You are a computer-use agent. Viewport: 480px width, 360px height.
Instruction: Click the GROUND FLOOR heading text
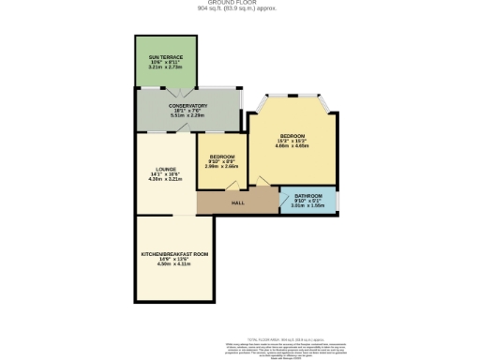click(x=240, y=3)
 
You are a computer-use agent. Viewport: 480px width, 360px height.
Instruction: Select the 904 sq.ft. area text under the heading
click(x=240, y=8)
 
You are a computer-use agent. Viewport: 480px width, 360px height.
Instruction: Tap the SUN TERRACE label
click(x=165, y=57)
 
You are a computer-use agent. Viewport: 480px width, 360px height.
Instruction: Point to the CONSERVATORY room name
click(x=187, y=106)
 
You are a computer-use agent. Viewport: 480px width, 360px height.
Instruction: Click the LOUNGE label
click(x=166, y=169)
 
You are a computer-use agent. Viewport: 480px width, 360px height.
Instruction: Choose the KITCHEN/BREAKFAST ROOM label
click(x=174, y=254)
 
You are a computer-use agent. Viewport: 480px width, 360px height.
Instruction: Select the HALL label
click(x=238, y=202)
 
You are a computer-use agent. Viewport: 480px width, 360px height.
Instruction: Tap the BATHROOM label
click(x=308, y=196)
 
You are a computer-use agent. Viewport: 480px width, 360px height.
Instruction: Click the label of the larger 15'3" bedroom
click(x=292, y=136)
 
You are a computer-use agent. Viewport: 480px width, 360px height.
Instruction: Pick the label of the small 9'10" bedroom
click(x=222, y=156)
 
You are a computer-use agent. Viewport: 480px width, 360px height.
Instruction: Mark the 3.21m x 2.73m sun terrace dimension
click(x=165, y=67)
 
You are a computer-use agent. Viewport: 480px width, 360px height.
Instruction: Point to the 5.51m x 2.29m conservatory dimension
click(x=187, y=116)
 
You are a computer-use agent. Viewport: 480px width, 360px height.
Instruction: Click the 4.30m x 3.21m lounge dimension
click(x=166, y=179)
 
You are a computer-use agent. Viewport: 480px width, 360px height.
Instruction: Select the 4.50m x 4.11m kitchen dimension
click(x=174, y=264)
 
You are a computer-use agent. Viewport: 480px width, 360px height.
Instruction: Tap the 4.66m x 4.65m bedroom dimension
click(x=292, y=147)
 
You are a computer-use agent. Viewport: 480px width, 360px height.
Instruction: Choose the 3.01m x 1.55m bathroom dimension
click(x=308, y=205)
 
